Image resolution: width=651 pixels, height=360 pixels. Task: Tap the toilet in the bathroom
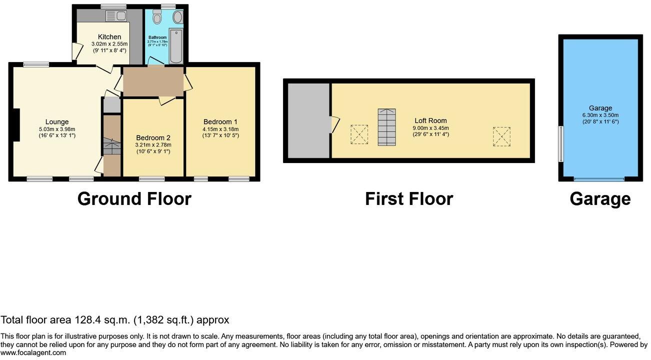point(157,18)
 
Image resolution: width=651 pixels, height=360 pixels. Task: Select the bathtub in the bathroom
point(176,46)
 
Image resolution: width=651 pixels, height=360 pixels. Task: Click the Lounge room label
point(57,122)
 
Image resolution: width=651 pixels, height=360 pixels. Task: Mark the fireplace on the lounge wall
point(16,125)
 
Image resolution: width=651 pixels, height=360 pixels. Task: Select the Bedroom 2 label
point(153,138)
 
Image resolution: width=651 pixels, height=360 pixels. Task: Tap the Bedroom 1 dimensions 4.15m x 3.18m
point(220,128)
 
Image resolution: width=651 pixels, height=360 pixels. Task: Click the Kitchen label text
point(109,37)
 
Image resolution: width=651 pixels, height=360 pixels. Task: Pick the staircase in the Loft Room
point(386,127)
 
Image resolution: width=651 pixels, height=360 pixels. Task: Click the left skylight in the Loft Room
point(358,134)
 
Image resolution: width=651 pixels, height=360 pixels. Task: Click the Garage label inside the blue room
point(600,108)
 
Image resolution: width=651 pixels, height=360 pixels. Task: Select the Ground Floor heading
point(134,199)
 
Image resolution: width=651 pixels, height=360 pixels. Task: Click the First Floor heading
point(408,199)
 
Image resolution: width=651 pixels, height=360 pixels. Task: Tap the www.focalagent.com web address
point(33,353)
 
